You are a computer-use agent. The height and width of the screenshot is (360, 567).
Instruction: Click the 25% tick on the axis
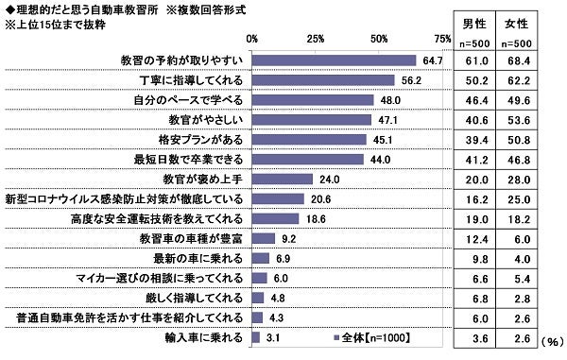pos(316,38)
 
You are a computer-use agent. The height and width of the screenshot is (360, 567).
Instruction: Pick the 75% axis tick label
pos(442,38)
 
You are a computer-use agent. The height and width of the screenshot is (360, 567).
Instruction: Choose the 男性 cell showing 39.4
pos(477,140)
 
